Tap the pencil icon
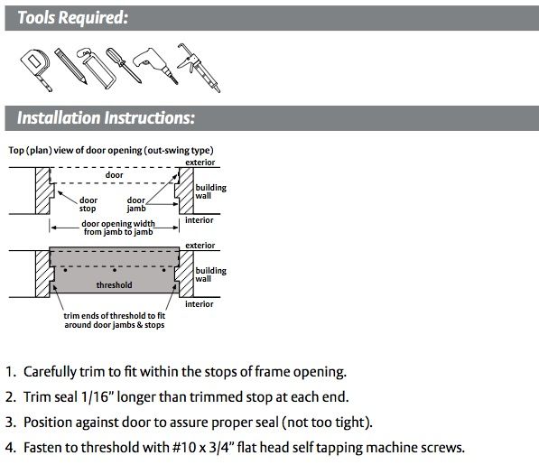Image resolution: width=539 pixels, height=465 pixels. point(70,66)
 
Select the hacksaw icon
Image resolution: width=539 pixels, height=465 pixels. point(96,69)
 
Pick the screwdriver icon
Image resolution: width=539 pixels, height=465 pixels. point(123,65)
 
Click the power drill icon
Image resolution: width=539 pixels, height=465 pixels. point(154,65)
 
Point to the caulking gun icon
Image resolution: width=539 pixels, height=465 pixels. point(199,68)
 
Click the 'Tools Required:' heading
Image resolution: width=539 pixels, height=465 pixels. point(72,17)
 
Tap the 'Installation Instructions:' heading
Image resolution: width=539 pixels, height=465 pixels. point(106,117)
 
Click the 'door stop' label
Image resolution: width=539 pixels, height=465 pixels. point(88,204)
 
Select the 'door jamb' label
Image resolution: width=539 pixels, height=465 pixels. point(136,204)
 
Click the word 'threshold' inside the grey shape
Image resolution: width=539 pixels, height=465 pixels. point(114,285)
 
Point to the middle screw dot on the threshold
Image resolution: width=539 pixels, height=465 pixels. point(115,270)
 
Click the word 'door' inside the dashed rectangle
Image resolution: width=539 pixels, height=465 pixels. point(114,175)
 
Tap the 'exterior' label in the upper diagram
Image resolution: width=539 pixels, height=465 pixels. point(200,163)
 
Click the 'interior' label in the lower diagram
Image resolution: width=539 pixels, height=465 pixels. point(200,303)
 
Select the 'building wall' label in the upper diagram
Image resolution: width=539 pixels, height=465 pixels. point(210,191)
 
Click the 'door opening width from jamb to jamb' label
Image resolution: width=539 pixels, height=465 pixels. point(118,228)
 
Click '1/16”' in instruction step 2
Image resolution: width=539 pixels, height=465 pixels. point(98,397)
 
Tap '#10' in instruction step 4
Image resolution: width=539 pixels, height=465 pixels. point(184,448)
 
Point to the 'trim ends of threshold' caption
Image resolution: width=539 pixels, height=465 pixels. point(115,320)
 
